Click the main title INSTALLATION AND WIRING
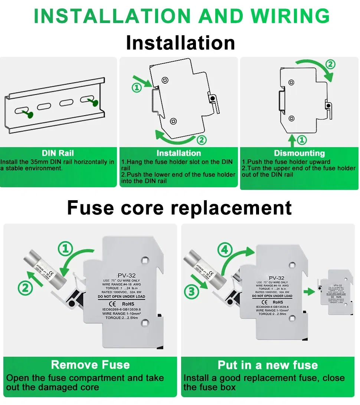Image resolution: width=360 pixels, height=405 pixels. tap(181, 16)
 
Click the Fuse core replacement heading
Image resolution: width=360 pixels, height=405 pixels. tap(179, 208)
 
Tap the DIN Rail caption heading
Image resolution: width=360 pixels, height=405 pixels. tap(58, 153)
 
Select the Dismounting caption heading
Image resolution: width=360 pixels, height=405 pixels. tap(299, 153)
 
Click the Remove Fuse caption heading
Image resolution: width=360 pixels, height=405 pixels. tap(90, 364)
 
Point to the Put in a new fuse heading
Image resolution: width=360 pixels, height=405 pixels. tap(268, 365)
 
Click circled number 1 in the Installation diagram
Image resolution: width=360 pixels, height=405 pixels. tap(137, 88)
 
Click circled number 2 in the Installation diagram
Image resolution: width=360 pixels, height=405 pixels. tap(201, 140)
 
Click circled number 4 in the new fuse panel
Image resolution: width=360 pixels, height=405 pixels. tap(225, 251)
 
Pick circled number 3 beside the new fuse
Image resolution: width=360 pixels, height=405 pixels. tap(192, 291)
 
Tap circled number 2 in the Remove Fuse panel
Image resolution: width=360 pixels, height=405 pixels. tap(25, 287)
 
